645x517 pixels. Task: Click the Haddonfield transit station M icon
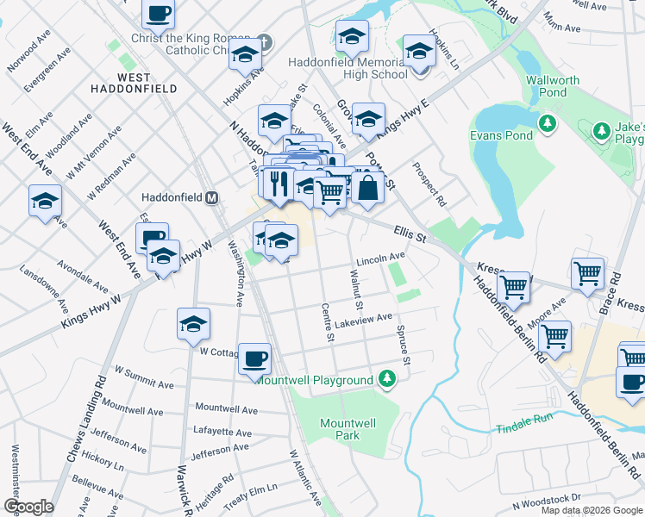pos(211,197)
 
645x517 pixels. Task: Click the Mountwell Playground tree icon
pos(388,379)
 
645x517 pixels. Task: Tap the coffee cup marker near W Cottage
pos(254,358)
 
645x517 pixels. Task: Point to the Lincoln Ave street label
pos(380,258)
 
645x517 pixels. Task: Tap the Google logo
pos(28,507)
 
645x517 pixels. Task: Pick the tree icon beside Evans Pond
pos(547,124)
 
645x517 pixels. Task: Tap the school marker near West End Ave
pos(45,202)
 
